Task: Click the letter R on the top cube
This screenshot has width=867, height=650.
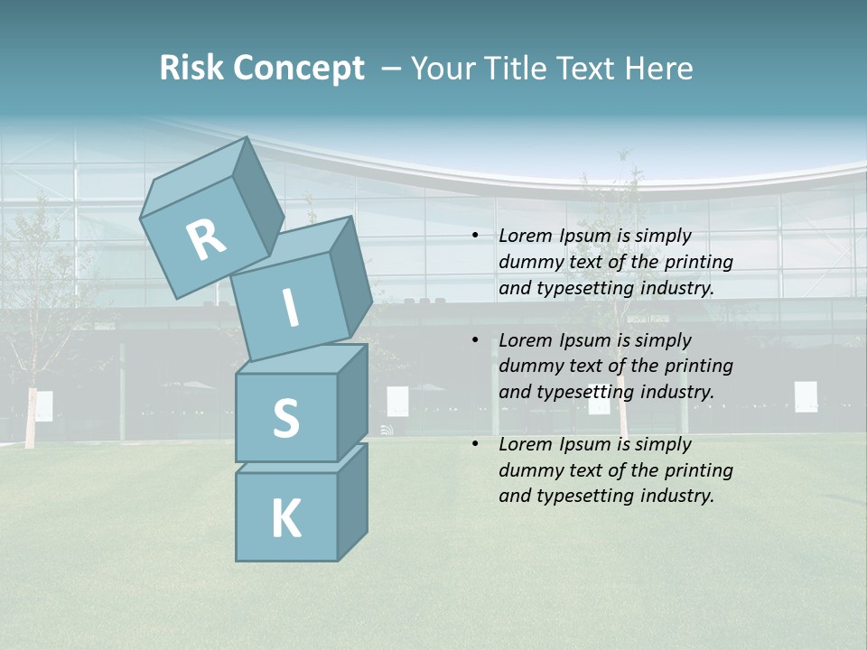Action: pyautogui.click(x=206, y=239)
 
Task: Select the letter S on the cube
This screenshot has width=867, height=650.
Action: pyautogui.click(x=285, y=418)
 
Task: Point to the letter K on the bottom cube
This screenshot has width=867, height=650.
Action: pyautogui.click(x=285, y=519)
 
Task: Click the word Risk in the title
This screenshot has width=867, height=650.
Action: pyautogui.click(x=192, y=68)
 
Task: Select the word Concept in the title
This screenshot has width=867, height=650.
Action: pyautogui.click(x=299, y=69)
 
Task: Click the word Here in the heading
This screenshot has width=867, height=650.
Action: pyautogui.click(x=660, y=68)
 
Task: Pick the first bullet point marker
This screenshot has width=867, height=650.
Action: pyautogui.click(x=475, y=236)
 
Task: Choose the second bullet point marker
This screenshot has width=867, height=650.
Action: pyautogui.click(x=475, y=340)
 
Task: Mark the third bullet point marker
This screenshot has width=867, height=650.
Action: pyautogui.click(x=475, y=444)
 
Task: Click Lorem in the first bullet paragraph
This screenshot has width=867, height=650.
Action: pyautogui.click(x=523, y=236)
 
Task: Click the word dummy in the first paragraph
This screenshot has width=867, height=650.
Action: pyautogui.click(x=529, y=262)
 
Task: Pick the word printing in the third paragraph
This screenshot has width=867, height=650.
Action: pyautogui.click(x=699, y=470)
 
